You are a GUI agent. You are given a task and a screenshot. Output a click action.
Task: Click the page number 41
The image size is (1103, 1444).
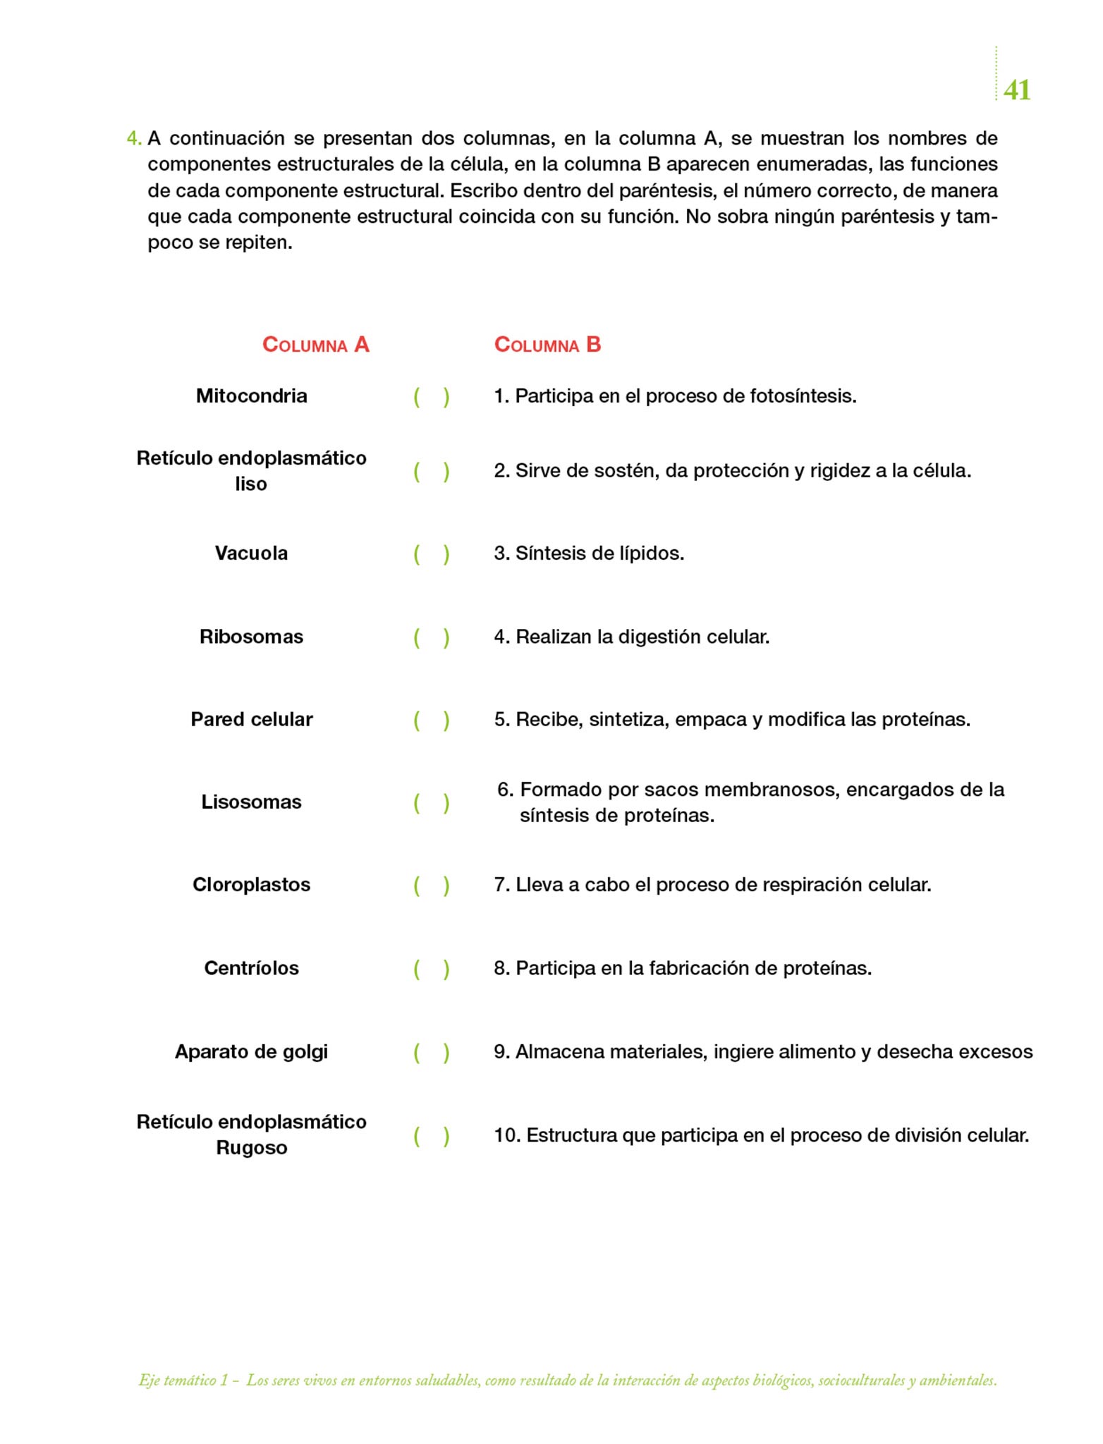pyautogui.click(x=1016, y=90)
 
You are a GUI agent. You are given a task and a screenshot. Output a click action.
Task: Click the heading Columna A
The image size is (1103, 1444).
pyautogui.click(x=315, y=345)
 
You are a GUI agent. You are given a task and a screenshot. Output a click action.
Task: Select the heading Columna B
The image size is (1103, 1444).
pyautogui.click(x=547, y=345)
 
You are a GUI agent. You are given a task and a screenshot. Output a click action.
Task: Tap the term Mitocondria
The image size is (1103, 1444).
pyautogui.click(x=251, y=396)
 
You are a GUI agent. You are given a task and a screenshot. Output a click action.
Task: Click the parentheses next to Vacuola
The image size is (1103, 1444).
pyautogui.click(x=431, y=554)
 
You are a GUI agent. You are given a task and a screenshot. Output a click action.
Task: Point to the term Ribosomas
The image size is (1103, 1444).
pyautogui.click(x=251, y=637)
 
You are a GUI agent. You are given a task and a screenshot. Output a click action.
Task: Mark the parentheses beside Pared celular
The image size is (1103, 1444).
pyautogui.click(x=431, y=720)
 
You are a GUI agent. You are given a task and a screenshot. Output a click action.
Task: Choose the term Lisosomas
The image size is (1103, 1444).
pyautogui.click(x=251, y=802)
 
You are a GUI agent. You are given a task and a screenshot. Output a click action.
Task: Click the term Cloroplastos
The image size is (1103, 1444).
pyautogui.click(x=251, y=885)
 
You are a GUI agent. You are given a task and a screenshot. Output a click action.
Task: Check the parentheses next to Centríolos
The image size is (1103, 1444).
pyautogui.click(x=431, y=969)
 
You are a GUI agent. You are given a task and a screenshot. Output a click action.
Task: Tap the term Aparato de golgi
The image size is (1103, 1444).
pyautogui.click(x=251, y=1051)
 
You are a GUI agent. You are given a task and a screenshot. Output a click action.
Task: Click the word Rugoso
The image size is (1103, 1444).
pyautogui.click(x=251, y=1148)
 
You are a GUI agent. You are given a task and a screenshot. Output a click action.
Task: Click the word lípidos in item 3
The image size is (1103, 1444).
pyautogui.click(x=651, y=553)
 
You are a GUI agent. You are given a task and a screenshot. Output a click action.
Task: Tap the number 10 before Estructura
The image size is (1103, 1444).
pyautogui.click(x=506, y=1135)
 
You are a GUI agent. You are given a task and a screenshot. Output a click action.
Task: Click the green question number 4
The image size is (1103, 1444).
pyautogui.click(x=133, y=138)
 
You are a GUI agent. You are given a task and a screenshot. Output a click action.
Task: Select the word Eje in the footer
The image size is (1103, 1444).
pyautogui.click(x=148, y=1381)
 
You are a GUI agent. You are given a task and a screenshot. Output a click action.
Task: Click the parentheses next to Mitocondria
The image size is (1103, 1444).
pyautogui.click(x=431, y=397)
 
